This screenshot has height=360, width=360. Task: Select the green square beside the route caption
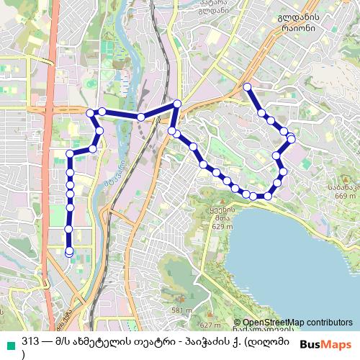click(9, 342)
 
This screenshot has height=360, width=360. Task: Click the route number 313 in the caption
click(30, 341)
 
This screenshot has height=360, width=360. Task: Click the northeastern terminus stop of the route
click(247, 87)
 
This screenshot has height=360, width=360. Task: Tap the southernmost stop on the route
click(69, 253)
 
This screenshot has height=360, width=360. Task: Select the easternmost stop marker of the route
click(292, 138)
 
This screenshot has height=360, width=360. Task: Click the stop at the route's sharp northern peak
click(177, 104)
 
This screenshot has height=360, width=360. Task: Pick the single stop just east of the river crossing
click(141, 117)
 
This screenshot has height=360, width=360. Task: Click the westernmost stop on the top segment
click(90, 113)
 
